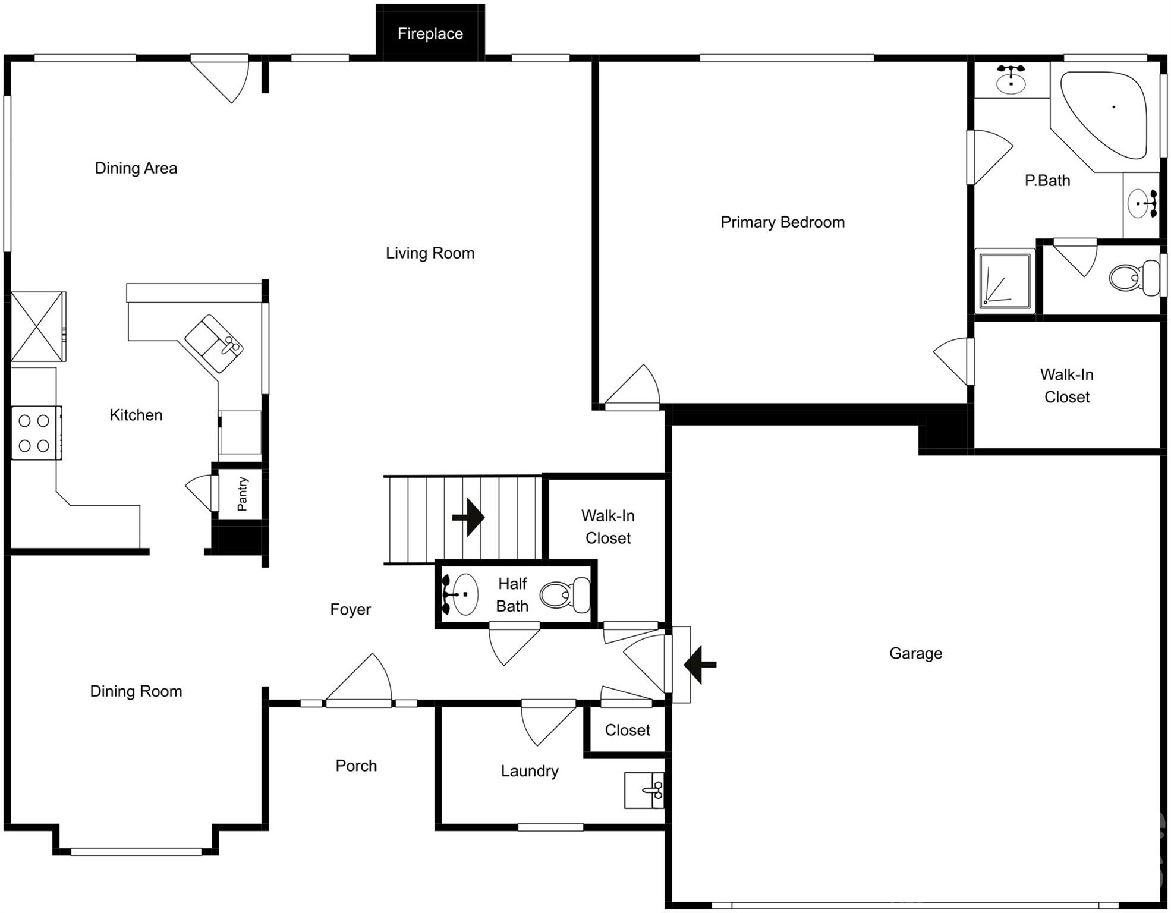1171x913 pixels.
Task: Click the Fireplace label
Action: [430, 34]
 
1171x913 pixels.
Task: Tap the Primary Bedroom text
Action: [782, 222]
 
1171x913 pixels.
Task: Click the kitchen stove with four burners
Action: [34, 433]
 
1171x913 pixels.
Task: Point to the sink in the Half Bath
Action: [462, 594]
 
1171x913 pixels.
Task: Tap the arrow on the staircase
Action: [468, 517]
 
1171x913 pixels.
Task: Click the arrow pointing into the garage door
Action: [700, 665]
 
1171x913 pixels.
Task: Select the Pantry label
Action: [242, 494]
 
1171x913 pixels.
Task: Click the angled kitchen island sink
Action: [215, 344]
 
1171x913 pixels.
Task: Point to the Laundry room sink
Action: [645, 790]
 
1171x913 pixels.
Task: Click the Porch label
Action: [356, 766]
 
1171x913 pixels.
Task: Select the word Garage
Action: [915, 653]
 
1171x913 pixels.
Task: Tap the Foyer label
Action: [350, 609]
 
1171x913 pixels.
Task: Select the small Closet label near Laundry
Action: [627, 730]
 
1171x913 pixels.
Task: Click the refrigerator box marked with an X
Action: [38, 326]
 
